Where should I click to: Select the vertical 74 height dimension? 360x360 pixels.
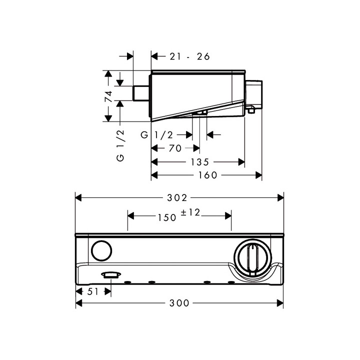108,96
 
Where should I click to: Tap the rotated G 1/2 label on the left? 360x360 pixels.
120,145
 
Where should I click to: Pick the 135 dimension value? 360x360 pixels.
198,162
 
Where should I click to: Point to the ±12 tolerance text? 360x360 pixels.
190,213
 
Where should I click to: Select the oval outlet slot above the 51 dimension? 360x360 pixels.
109,274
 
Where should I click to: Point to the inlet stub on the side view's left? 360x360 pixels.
141,93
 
